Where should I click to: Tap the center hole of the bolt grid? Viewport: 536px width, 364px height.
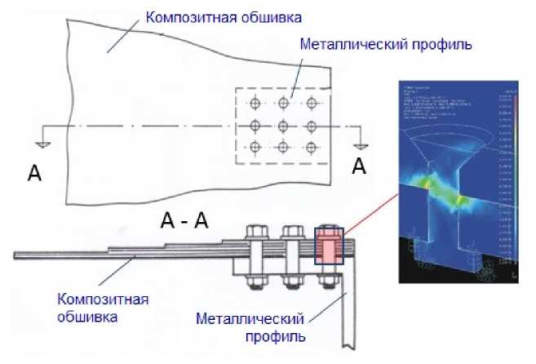[x=283, y=126]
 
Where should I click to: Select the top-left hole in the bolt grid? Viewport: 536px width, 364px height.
[x=255, y=104]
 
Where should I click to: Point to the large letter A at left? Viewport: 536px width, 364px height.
[x=33, y=171]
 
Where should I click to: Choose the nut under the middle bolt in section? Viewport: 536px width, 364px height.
[x=292, y=282]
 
